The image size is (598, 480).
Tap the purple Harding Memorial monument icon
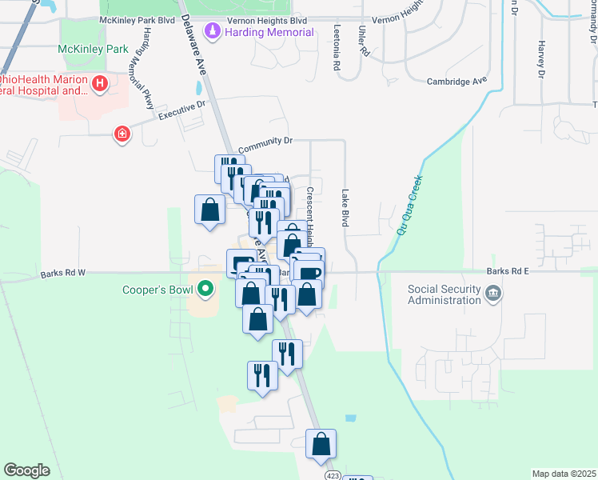pyautogui.click(x=213, y=32)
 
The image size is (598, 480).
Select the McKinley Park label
pyautogui.click(x=94, y=49)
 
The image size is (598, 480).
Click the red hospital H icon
pyautogui.click(x=100, y=83)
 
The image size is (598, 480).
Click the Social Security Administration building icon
pyautogui.click(x=493, y=294)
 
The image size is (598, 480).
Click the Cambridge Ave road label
pyautogui.click(x=456, y=82)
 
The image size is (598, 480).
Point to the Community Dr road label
pyautogui.click(x=265, y=141)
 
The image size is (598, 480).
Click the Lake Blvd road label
pyautogui.click(x=345, y=208)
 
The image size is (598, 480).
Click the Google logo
pyautogui.click(x=27, y=470)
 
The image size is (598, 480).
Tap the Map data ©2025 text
pyautogui.click(x=563, y=474)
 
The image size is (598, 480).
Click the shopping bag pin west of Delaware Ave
pyautogui.click(x=210, y=210)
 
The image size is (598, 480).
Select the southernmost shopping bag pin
pyautogui.click(x=321, y=446)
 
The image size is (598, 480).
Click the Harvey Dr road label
pyautogui.click(x=541, y=60)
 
